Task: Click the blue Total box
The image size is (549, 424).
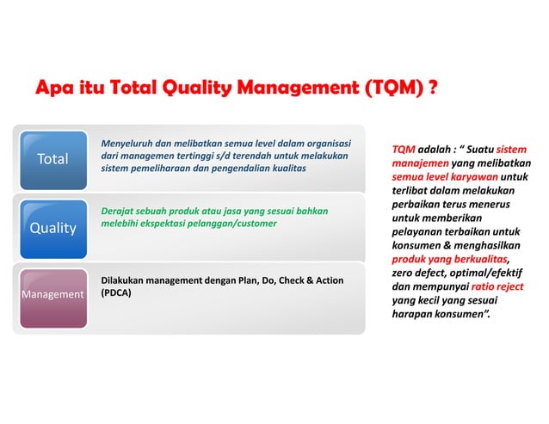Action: [53, 160]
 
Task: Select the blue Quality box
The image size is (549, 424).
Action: [53, 228]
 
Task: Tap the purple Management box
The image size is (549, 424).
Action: [53, 295]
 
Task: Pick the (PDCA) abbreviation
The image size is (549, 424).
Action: [118, 293]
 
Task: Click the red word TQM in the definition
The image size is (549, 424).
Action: [403, 150]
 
